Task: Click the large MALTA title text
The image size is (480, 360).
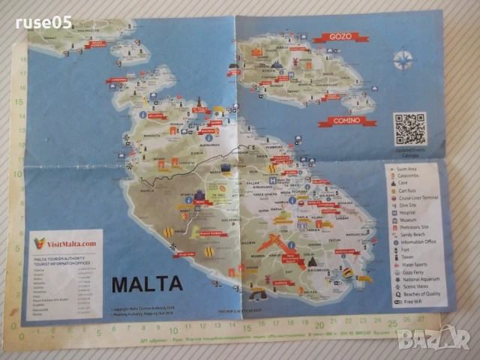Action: (146, 284)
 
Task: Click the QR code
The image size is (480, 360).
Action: (410, 128)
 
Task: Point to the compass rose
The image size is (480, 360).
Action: (403, 58)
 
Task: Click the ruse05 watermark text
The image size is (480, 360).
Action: (43, 22)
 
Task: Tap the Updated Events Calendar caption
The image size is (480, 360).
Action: (410, 152)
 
